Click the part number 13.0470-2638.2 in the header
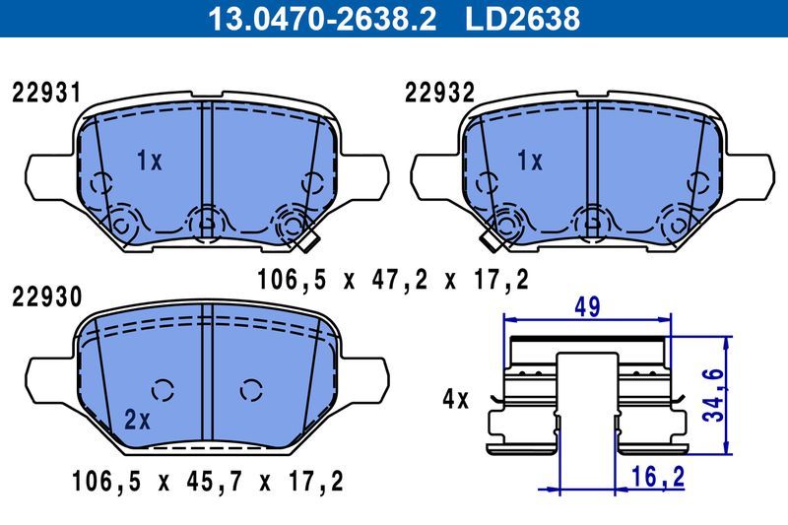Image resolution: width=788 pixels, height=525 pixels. [x=317, y=19]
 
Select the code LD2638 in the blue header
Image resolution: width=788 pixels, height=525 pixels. [x=522, y=19]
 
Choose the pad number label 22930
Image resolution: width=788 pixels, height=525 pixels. [x=45, y=296]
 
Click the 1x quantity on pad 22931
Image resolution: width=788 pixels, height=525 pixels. [x=149, y=162]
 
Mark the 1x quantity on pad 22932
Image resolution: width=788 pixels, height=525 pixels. [x=530, y=162]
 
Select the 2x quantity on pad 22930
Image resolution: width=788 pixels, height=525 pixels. [x=137, y=421]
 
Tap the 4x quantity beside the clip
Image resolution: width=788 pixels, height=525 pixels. [x=455, y=400]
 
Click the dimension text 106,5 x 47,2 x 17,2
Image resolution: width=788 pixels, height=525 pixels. [x=392, y=280]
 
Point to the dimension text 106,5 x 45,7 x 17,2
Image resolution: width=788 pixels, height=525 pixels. [x=207, y=484]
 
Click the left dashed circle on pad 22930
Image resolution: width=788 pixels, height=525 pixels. [x=164, y=388]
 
